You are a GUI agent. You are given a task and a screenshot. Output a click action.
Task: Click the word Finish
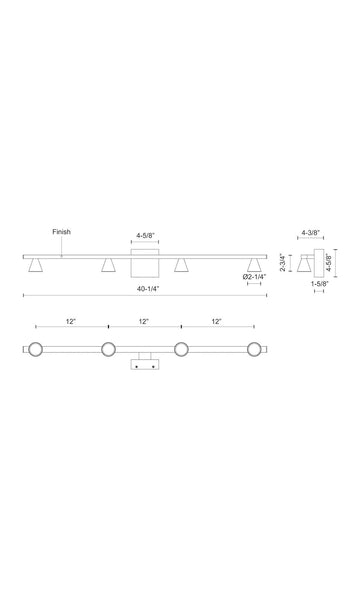pyautogui.click(x=61, y=232)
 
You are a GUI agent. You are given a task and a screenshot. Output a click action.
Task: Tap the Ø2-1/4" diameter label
pyautogui.click(x=254, y=277)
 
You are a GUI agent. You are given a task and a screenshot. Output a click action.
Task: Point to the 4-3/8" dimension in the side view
pyautogui.click(x=311, y=232)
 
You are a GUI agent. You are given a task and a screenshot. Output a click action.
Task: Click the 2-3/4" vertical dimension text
pyautogui.click(x=283, y=262)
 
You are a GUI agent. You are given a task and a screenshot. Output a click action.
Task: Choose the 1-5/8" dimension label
pyautogui.click(x=319, y=284)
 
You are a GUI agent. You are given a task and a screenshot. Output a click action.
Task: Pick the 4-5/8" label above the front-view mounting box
pyautogui.click(x=145, y=235)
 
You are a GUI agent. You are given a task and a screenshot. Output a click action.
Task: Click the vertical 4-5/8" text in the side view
pyautogui.click(x=328, y=262)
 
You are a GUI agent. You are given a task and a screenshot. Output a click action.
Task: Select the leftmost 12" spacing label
pyautogui.click(x=71, y=321)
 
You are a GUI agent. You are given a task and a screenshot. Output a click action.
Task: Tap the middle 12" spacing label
pyautogui.click(x=143, y=321)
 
